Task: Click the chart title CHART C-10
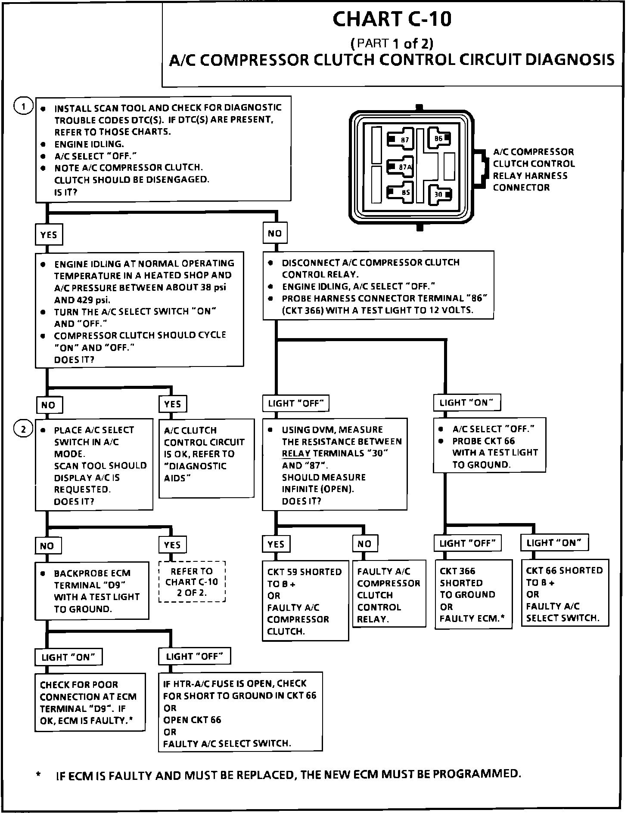pyautogui.click(x=392, y=19)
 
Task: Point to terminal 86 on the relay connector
pyautogui.click(x=439, y=139)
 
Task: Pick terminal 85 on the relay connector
pyautogui.click(x=401, y=192)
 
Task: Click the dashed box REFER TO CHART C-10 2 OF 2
pyautogui.click(x=192, y=582)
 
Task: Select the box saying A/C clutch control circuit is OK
pyautogui.click(x=207, y=458)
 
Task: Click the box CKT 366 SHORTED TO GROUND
pyautogui.click(x=473, y=594)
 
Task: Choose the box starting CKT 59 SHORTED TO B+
pyautogui.click(x=305, y=601)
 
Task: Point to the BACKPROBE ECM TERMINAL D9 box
pyautogui.click(x=92, y=590)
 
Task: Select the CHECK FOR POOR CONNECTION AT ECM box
pyautogui.click(x=90, y=702)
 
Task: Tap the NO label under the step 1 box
pyautogui.click(x=275, y=234)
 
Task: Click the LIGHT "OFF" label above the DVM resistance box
pyautogui.click(x=296, y=403)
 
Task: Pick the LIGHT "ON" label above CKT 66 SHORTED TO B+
pyautogui.click(x=554, y=542)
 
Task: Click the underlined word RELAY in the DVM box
pyautogui.click(x=296, y=453)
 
